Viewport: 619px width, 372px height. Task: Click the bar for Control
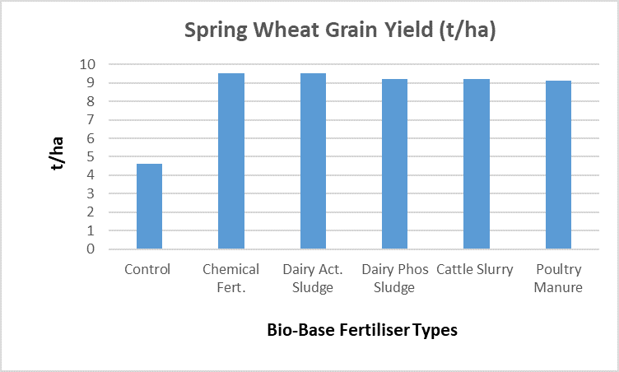(x=149, y=206)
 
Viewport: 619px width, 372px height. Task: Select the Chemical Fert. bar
(x=231, y=161)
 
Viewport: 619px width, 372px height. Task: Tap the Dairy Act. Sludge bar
(x=313, y=161)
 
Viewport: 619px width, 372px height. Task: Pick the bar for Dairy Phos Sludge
(x=395, y=164)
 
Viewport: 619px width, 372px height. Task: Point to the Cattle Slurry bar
(x=477, y=164)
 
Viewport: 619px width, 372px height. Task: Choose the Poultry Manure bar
(x=558, y=165)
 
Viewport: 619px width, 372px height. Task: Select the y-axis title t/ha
(x=57, y=153)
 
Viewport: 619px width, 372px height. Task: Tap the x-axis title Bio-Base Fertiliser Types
(x=362, y=330)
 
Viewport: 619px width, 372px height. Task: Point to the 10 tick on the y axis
(x=87, y=64)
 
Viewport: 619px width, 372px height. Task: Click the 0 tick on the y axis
(x=91, y=249)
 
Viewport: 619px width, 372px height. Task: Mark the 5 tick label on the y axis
(x=91, y=156)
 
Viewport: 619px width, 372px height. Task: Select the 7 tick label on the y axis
(x=91, y=119)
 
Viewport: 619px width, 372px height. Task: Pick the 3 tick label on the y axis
(x=91, y=193)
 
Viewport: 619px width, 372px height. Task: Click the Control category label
(x=147, y=269)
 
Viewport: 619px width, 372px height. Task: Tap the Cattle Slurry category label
(x=474, y=269)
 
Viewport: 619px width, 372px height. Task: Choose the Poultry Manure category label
(x=558, y=278)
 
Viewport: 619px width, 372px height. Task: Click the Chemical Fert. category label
(x=231, y=278)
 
